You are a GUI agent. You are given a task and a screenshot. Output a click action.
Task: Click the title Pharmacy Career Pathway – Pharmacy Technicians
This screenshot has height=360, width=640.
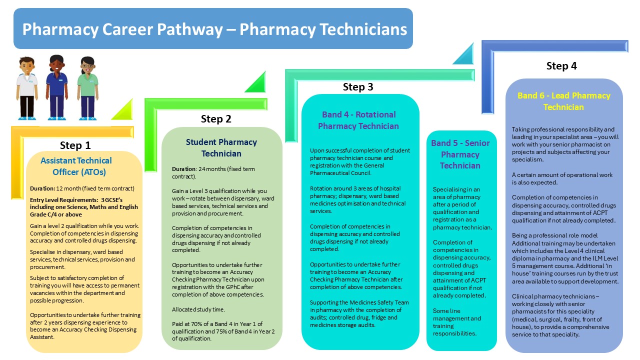pos(214,29)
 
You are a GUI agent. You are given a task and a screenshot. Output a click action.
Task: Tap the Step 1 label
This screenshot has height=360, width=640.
pos(75,145)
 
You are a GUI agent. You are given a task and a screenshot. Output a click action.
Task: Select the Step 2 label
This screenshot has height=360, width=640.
pos(216,119)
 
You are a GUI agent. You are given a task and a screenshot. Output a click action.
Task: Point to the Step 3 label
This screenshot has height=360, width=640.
pos(358,87)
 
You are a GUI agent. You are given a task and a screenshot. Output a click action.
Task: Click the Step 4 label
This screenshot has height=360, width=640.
pos(561,66)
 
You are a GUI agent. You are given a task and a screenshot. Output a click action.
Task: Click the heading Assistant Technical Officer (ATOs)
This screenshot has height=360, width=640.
pos(76,166)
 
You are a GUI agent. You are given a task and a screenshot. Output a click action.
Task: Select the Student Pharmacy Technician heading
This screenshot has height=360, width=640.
pos(221,147)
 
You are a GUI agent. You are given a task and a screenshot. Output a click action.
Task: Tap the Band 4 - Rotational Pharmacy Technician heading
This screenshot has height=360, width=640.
pos(358,120)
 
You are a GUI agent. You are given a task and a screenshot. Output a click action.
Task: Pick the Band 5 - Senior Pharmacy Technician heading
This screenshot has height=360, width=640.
pos(460,154)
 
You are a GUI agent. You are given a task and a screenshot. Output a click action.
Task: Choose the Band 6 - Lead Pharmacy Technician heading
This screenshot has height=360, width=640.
pos(563,101)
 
